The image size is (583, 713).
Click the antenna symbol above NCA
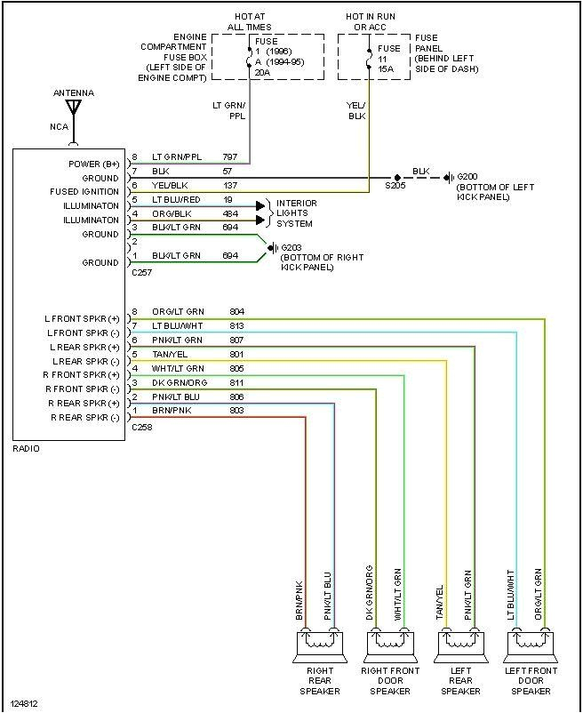coord(74,108)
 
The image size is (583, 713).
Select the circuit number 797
coord(230,156)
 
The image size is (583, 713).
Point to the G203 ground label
coord(291,247)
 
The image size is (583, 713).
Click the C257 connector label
coord(140,274)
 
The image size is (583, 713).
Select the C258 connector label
coord(140,428)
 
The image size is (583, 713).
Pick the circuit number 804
coord(236,312)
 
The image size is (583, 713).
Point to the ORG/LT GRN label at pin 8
coord(178,312)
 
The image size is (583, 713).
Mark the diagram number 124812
coord(25,704)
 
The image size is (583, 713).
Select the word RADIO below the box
coord(26,449)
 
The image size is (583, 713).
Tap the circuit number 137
coord(230,185)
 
